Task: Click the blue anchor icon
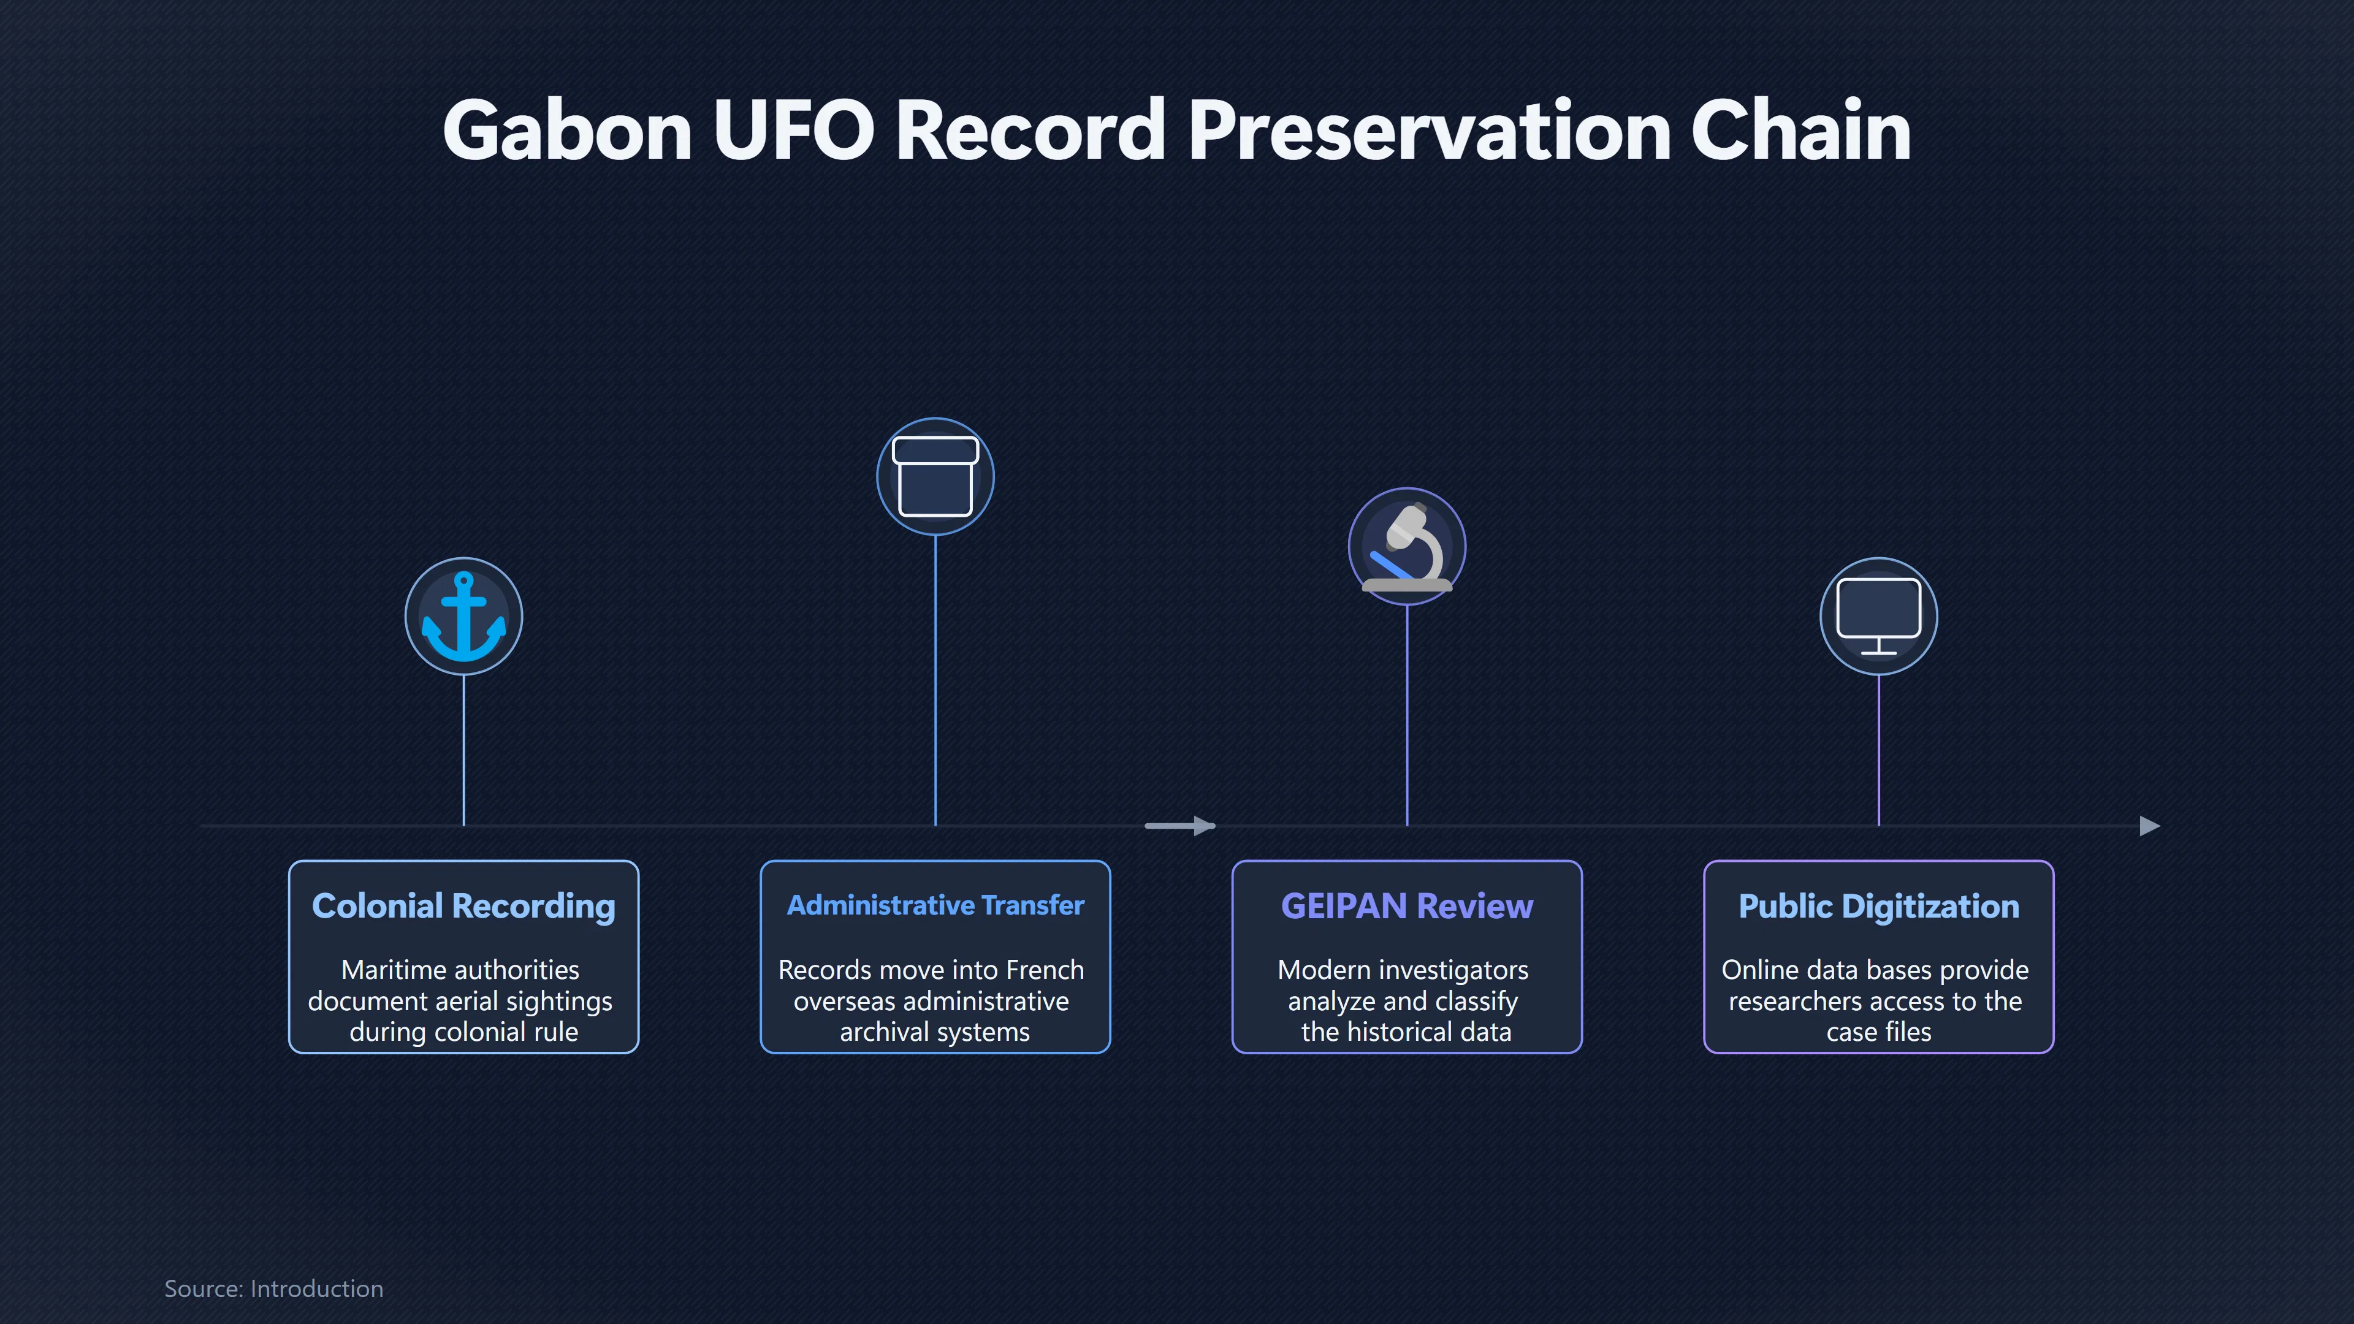(463, 616)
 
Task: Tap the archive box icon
(935, 476)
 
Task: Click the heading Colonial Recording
(463, 905)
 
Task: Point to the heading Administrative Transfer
(935, 905)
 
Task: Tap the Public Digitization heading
(1879, 905)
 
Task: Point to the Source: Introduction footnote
(273, 1288)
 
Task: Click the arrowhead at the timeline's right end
(2150, 826)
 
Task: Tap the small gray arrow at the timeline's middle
(1179, 826)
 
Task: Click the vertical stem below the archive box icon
(935, 680)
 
